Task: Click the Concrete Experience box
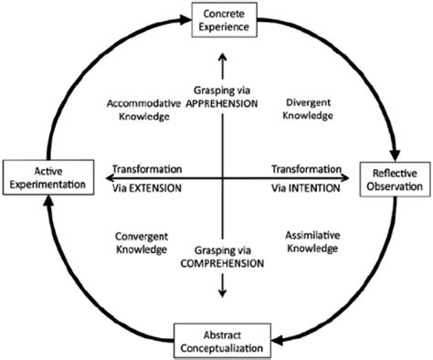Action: coord(222,18)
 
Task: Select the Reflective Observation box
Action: coord(396,179)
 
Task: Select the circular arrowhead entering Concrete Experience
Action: coord(184,17)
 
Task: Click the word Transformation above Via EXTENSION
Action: coord(147,169)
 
